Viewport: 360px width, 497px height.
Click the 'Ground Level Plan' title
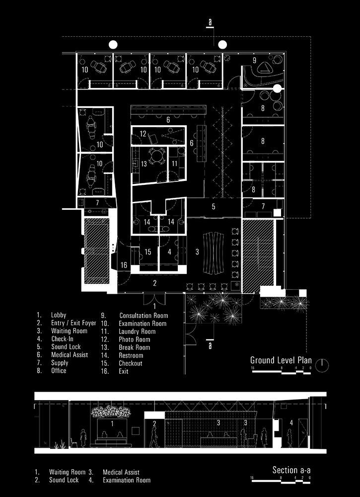pos(281,360)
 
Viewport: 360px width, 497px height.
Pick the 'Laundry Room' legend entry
pos(137,331)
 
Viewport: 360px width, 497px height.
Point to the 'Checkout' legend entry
pos(130,363)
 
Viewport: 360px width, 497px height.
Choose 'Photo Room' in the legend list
pos(134,339)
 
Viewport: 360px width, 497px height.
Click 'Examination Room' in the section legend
pos(126,481)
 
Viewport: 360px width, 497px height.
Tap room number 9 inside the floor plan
pos(254,60)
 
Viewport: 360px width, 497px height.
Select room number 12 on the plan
pos(143,134)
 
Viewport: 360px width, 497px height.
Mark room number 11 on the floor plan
pos(174,163)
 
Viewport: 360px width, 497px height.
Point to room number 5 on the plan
pos(214,206)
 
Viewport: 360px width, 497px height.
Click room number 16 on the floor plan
pos(124,266)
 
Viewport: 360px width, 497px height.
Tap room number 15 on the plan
pos(147,252)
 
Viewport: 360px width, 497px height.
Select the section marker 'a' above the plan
pos(211,23)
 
